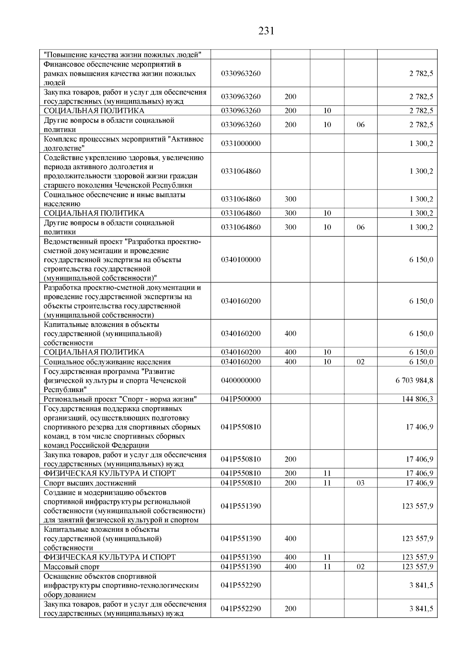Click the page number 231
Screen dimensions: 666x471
[x=266, y=31]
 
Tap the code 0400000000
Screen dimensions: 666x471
[x=241, y=380]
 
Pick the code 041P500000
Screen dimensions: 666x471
[x=241, y=399]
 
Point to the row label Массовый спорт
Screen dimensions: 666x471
[x=72, y=567]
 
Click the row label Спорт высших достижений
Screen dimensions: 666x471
[x=90, y=483]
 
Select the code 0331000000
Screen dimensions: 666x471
[x=241, y=144]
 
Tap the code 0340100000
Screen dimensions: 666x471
[x=241, y=260]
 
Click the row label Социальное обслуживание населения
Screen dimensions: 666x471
[x=107, y=362]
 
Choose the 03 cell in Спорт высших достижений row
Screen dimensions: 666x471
[x=360, y=483]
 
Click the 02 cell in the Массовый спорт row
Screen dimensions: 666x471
[x=360, y=567]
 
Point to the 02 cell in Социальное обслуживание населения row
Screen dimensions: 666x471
[x=360, y=362]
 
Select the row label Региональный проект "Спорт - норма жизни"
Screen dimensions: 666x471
[x=120, y=399]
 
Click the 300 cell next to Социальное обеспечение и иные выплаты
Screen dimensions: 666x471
[x=290, y=199]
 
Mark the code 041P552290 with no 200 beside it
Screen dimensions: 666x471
[x=241, y=585]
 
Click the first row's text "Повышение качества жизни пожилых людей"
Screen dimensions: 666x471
[x=122, y=55]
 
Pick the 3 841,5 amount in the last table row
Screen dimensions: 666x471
[x=421, y=609]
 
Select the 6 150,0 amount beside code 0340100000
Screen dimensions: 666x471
[x=421, y=260]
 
